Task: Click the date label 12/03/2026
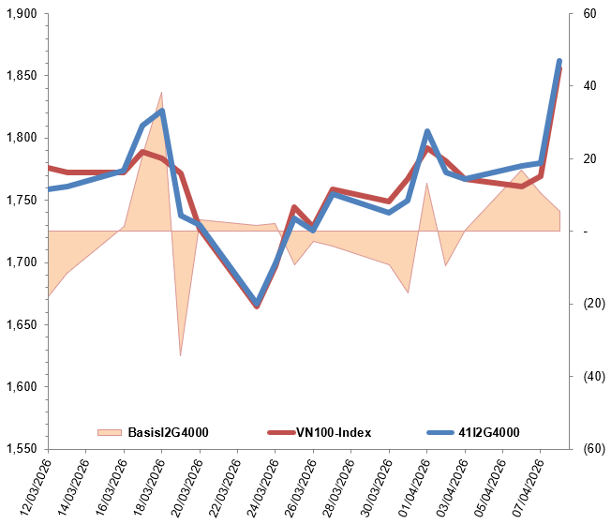[30, 487]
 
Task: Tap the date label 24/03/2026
[257, 487]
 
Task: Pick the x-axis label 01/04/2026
[408, 487]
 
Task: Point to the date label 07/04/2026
[522, 487]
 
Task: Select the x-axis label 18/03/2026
[143, 487]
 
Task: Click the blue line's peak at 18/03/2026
[162, 112]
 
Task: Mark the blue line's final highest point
[559, 62]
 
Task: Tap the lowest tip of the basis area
[180, 356]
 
